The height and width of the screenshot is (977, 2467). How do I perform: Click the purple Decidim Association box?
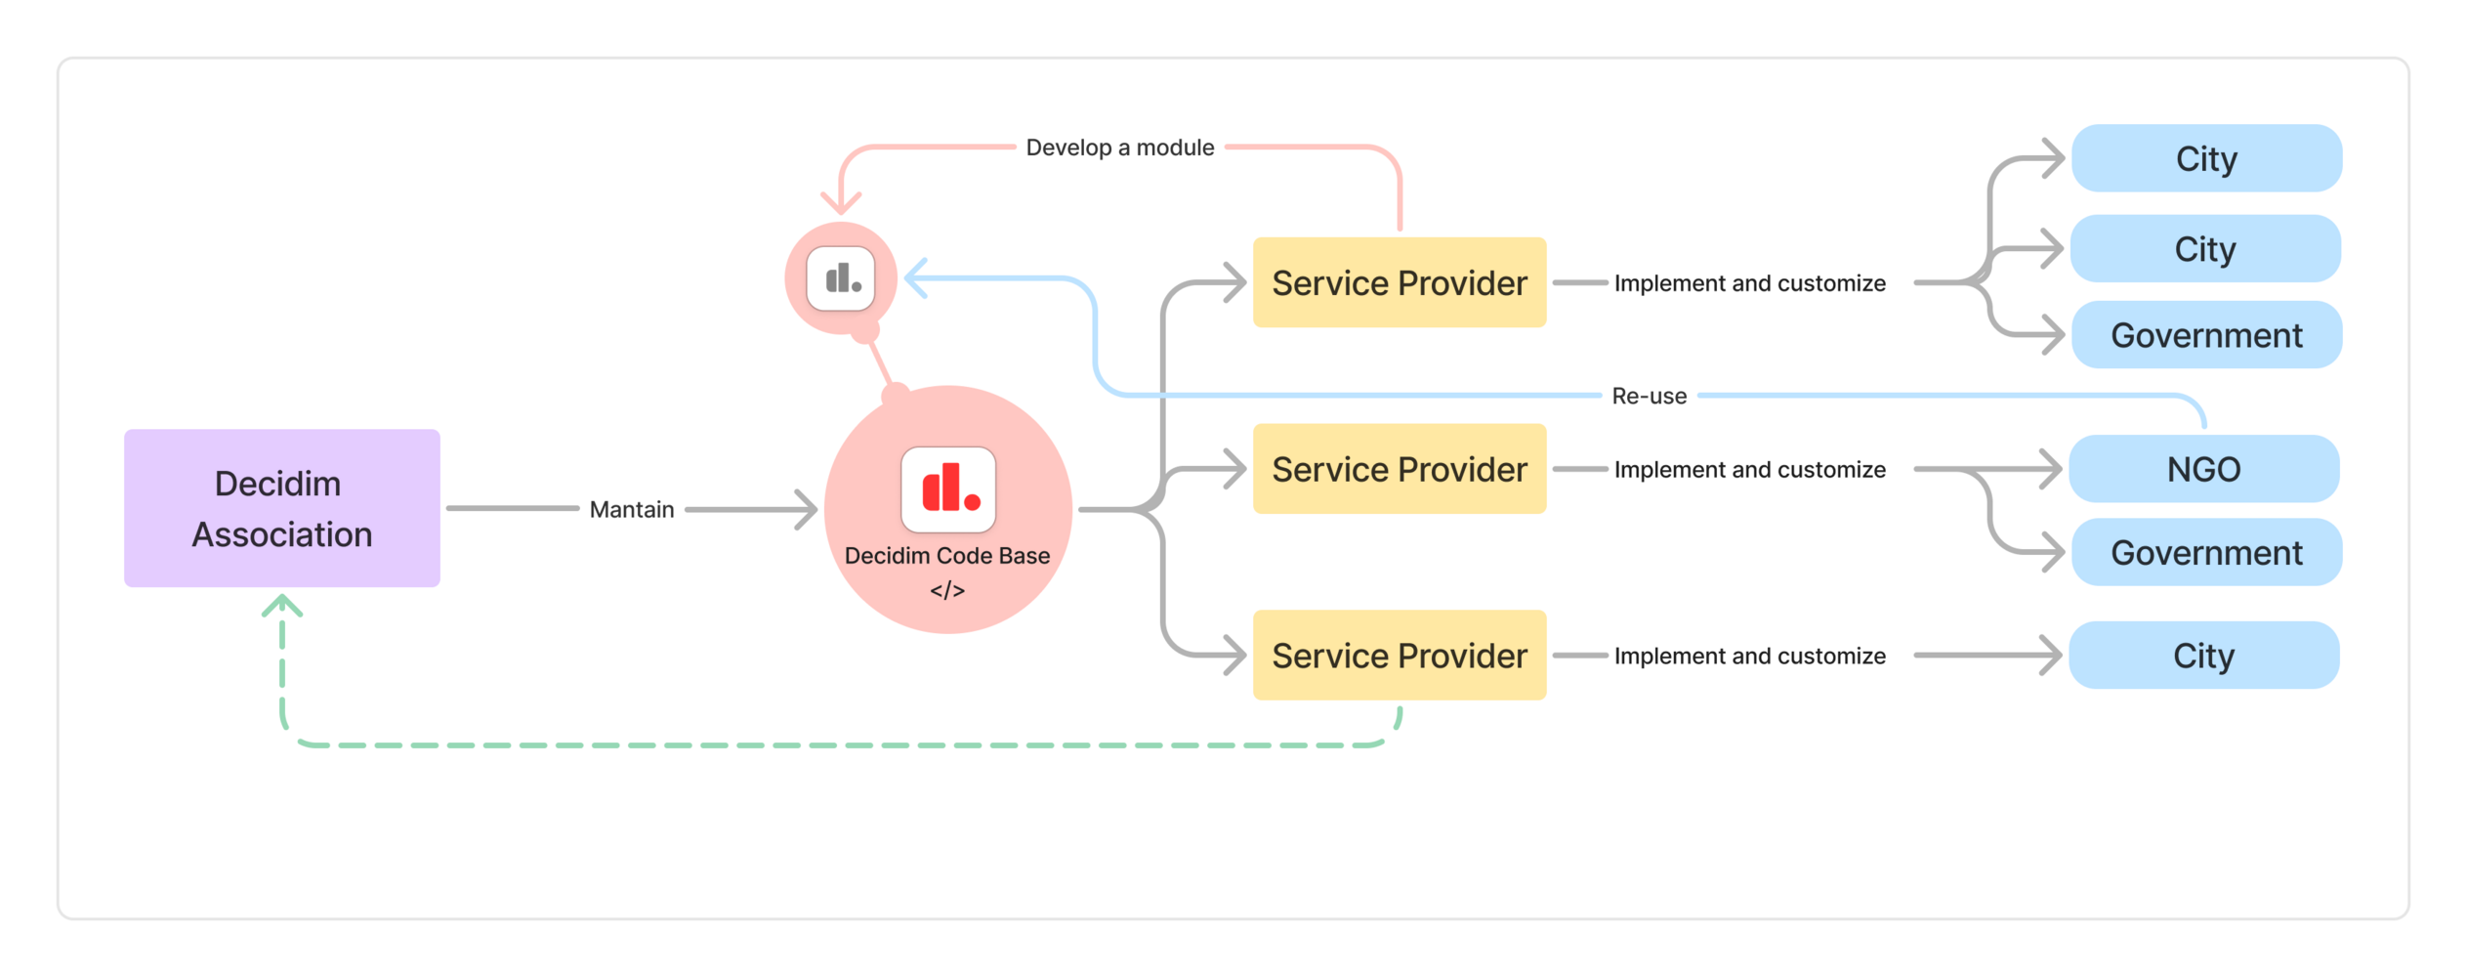tap(281, 508)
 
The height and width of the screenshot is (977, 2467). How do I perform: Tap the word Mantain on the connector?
tap(631, 509)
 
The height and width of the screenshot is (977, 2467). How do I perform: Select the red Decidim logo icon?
tap(947, 489)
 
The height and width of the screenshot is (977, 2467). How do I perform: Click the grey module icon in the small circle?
tap(841, 279)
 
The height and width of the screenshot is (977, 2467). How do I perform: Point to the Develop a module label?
tap(1119, 148)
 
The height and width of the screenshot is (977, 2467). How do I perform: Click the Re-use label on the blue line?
tap(1649, 396)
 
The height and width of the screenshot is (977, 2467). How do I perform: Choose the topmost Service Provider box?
tap(1399, 282)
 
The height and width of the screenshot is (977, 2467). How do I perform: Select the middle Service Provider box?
tap(1399, 469)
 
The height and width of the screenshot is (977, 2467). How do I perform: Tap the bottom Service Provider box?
tap(1399, 655)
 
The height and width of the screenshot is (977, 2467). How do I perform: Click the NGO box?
tap(2203, 469)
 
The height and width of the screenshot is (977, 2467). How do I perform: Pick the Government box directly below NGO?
tap(2205, 553)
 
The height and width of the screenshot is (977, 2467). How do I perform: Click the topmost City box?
tap(2205, 158)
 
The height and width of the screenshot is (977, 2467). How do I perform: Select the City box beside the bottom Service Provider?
tap(2203, 655)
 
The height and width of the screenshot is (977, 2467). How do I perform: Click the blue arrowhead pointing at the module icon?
tap(915, 278)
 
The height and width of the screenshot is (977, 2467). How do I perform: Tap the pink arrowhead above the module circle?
tap(841, 202)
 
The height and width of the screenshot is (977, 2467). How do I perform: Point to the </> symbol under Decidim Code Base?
tap(947, 590)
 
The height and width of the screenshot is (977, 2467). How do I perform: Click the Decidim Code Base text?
tap(947, 556)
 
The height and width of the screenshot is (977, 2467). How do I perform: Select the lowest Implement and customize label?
tap(1749, 656)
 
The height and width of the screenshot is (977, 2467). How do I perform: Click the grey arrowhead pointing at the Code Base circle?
tap(807, 509)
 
